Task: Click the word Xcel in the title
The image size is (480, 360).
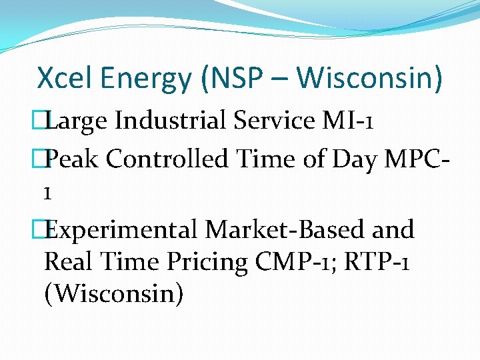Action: click(x=65, y=79)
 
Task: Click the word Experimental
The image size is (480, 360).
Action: click(x=123, y=231)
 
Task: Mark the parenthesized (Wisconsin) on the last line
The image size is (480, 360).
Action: click(x=113, y=294)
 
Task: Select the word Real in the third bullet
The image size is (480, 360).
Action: click(x=69, y=262)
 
